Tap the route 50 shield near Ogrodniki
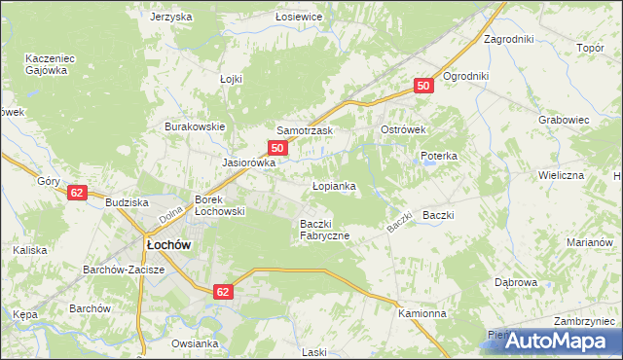(422, 87)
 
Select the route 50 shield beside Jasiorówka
(278, 148)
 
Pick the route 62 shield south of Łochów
(224, 291)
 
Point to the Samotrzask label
(306, 130)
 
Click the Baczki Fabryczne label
(324, 230)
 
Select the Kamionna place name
(421, 314)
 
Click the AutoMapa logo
(551, 341)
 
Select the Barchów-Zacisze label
(123, 270)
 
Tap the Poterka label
(438, 156)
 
